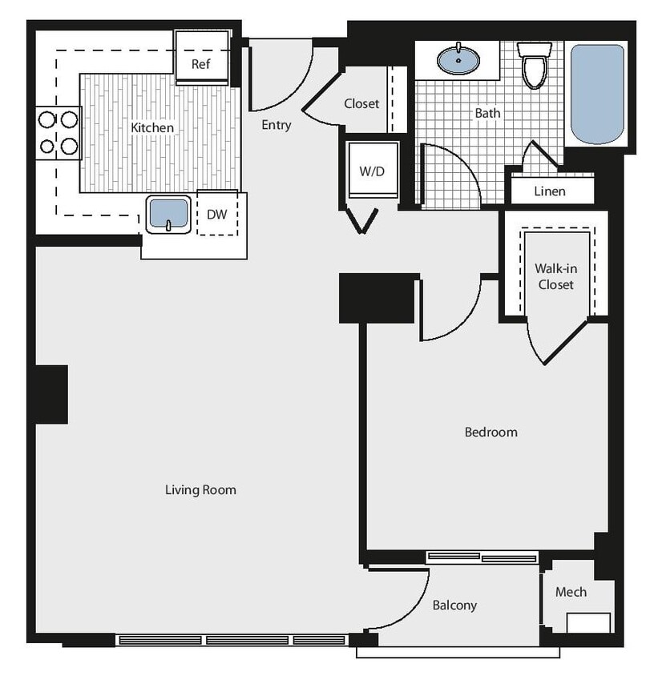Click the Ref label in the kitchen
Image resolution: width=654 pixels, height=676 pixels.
[x=200, y=64]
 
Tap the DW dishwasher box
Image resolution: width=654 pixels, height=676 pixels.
[x=216, y=214]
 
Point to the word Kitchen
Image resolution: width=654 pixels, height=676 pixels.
[x=152, y=127]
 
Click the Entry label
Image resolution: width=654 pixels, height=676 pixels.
[x=277, y=125]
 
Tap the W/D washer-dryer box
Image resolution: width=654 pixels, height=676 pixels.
[x=371, y=171]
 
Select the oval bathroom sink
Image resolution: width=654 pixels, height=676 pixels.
[x=458, y=59]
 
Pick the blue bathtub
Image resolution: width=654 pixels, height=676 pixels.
[x=596, y=94]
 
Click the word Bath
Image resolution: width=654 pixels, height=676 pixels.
[x=487, y=113]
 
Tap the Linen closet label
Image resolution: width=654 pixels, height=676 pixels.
[x=550, y=191]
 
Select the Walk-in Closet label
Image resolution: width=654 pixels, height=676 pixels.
[x=555, y=276]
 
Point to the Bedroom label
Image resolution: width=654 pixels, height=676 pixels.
[x=490, y=433]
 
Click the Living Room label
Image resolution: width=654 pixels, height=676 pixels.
[x=200, y=489]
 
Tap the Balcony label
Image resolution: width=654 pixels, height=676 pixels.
[x=454, y=606]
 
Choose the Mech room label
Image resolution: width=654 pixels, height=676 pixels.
[x=571, y=592]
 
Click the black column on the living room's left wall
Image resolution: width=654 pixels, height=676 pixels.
[x=50, y=394]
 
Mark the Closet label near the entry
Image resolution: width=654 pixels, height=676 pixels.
[x=361, y=103]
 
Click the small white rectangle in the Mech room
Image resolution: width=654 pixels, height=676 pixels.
[x=588, y=622]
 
